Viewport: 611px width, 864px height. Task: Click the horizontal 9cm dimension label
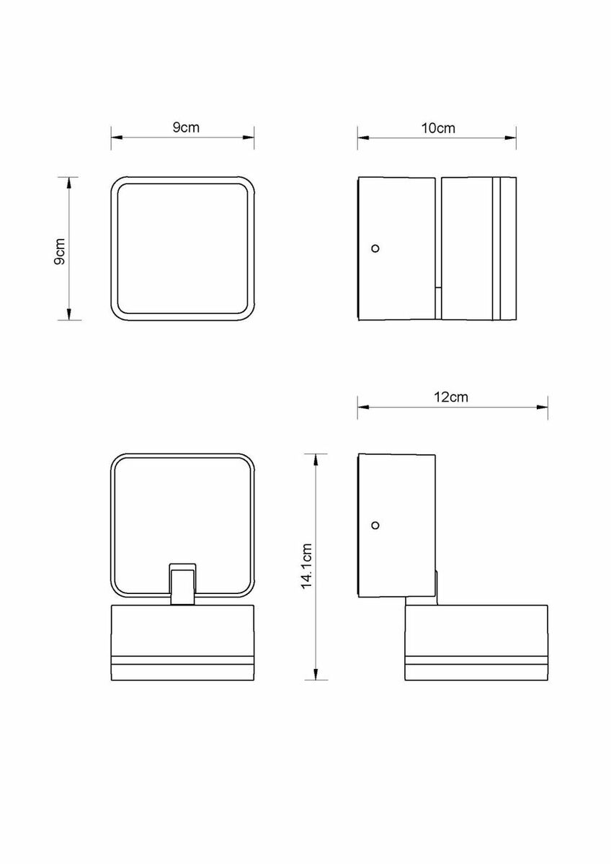[x=186, y=127]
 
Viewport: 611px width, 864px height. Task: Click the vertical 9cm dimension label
[x=59, y=251]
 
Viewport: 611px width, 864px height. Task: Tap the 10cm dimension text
[x=437, y=128]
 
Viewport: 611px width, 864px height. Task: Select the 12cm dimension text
[x=451, y=397]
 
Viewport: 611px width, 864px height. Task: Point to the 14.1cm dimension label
[x=307, y=571]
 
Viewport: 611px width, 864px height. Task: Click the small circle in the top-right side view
[x=375, y=248]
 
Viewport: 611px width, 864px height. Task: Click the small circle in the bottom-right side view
[x=375, y=525]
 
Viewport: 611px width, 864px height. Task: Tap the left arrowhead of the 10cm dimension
[x=364, y=138]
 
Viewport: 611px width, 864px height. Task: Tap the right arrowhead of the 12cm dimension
[x=542, y=407]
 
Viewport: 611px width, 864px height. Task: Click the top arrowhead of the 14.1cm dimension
[x=316, y=460]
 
